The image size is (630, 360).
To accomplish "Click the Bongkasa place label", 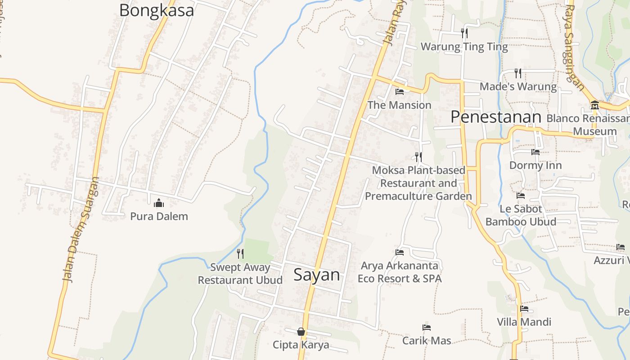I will point(156,10).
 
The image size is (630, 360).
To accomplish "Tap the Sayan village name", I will point(317,274).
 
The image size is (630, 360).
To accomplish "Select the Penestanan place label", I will point(495,117).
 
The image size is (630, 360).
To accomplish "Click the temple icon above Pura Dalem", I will point(159,203).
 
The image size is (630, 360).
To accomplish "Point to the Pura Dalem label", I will point(159,216).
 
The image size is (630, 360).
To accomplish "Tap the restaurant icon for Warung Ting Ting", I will point(464,33).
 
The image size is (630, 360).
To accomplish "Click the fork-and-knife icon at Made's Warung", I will point(518,73).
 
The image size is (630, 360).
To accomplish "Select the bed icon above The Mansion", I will point(399,92).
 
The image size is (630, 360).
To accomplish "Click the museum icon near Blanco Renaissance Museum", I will point(595,105).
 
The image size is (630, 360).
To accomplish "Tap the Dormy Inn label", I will point(535,165).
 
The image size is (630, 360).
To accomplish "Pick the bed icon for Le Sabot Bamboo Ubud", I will point(521,196).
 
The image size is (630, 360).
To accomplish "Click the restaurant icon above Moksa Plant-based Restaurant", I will point(418,157).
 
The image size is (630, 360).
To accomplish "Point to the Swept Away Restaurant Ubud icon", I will point(240,254).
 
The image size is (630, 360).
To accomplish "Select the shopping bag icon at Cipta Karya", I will point(301,332).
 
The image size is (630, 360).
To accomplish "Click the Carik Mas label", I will point(427,341).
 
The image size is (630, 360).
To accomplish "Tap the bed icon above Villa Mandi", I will point(524,309).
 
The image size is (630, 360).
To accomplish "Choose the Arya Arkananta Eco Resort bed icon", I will point(399,252).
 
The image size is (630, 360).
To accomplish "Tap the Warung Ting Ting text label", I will point(464,47).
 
